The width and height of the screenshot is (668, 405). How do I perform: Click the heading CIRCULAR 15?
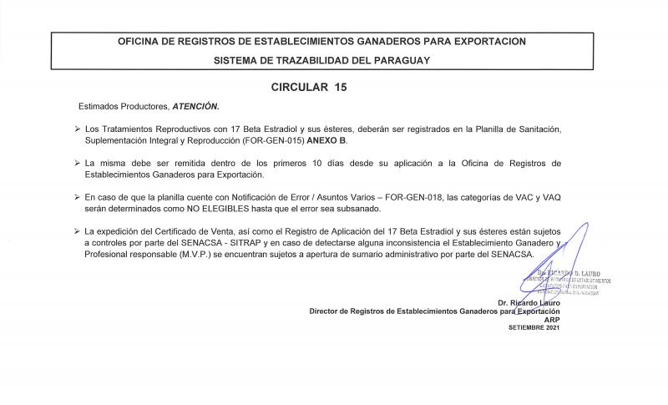coord(308,87)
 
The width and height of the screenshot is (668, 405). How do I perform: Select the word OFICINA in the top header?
coord(142,41)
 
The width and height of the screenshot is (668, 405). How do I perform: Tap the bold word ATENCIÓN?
coord(195,107)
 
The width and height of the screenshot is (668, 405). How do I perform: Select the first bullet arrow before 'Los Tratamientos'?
coord(77,130)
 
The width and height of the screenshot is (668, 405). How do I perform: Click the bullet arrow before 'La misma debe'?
coord(77,163)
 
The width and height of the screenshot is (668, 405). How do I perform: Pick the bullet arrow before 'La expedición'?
coord(77,229)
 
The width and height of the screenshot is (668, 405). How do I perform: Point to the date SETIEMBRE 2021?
coord(534,327)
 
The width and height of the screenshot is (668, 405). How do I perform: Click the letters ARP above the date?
coord(551,319)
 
